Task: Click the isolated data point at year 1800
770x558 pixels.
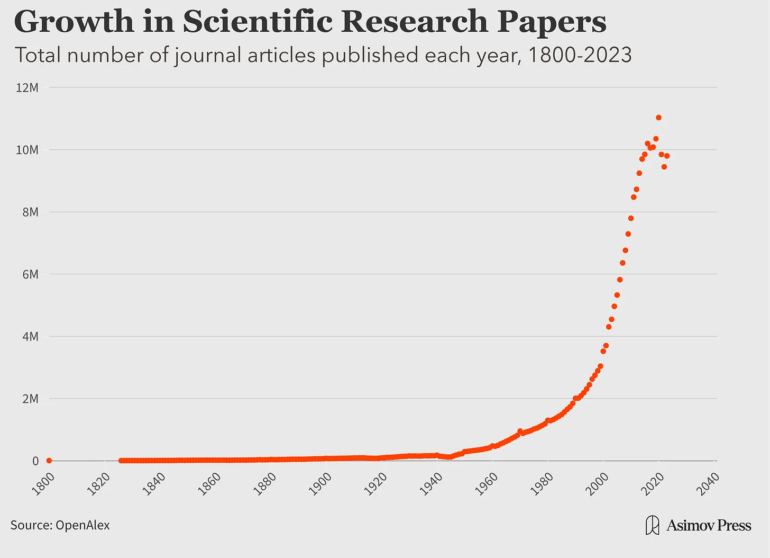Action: [x=49, y=461]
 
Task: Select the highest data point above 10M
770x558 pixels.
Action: [x=658, y=118]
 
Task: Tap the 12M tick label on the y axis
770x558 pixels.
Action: [x=27, y=87]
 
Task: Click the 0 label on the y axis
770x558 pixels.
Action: [x=35, y=461]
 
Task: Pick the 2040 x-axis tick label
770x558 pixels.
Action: [x=709, y=483]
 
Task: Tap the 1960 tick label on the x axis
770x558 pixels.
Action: [x=487, y=483]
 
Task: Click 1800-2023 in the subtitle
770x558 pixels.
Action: [x=580, y=55]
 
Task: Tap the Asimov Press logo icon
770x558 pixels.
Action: [x=653, y=525]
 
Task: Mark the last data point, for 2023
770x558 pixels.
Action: [x=667, y=156]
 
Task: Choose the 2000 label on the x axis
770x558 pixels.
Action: [x=598, y=483]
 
